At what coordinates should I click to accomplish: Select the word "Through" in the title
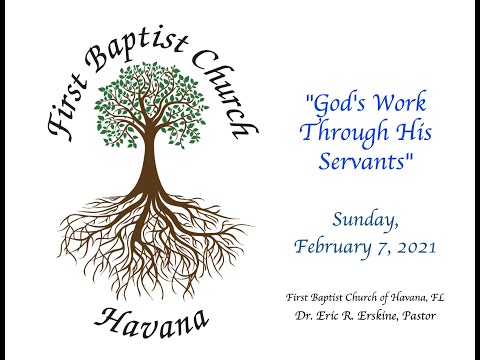(x=344, y=133)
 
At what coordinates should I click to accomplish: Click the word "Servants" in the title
(x=362, y=161)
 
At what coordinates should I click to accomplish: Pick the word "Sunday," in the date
(x=366, y=220)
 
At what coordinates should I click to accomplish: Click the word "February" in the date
(x=332, y=247)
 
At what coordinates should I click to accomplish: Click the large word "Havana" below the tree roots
(x=152, y=322)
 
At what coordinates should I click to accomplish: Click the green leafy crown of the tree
(x=151, y=104)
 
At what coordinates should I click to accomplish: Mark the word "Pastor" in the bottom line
(x=419, y=315)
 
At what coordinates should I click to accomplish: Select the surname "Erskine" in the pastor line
(x=377, y=316)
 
